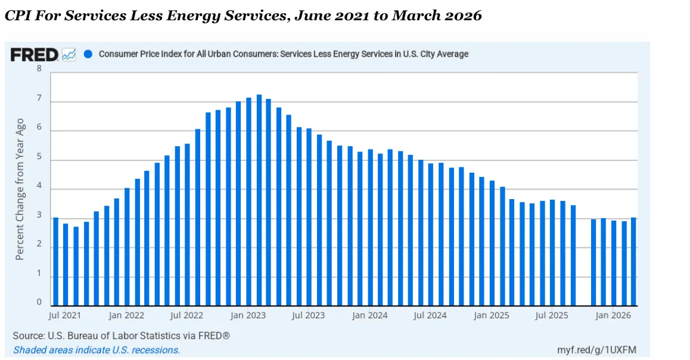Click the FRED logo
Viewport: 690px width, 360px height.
(35, 55)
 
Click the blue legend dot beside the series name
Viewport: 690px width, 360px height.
(88, 54)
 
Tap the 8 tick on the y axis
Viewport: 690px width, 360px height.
(39, 69)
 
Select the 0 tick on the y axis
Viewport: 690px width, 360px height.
(39, 302)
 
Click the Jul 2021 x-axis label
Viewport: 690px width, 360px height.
(65, 315)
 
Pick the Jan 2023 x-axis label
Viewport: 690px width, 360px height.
(248, 315)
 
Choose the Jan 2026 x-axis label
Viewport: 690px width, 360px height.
(614, 315)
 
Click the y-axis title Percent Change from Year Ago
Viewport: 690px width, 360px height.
(20, 189)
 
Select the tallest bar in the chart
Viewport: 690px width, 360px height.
(259, 200)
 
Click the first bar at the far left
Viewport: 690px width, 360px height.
(56, 261)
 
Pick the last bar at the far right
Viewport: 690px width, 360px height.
(633, 261)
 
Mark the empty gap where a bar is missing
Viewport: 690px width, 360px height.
(583, 262)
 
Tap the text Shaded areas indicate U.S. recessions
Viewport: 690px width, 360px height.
(97, 350)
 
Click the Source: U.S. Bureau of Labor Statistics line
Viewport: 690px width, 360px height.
(122, 336)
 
